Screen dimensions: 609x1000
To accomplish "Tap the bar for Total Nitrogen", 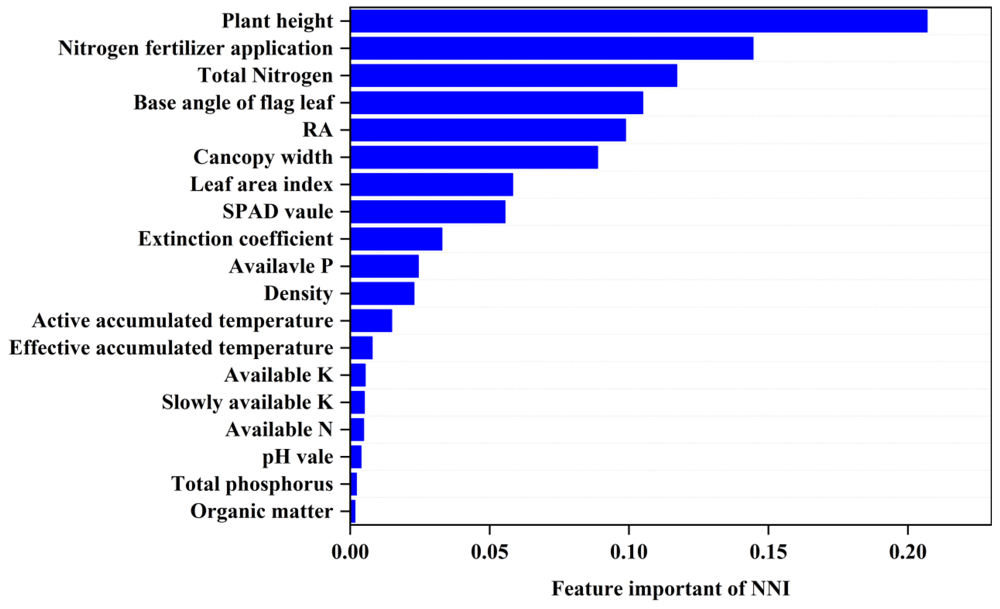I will pyautogui.click(x=513, y=75).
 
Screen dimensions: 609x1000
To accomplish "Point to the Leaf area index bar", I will pyautogui.click(x=431, y=184).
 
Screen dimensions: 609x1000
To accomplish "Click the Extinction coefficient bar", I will pyautogui.click(x=396, y=239).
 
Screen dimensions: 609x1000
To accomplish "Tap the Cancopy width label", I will pyautogui.click(x=263, y=157).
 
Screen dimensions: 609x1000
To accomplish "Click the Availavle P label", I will pyautogui.click(x=281, y=266).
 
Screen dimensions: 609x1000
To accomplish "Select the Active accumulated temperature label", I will pyautogui.click(x=183, y=321).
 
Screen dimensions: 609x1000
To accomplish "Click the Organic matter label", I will pyautogui.click(x=262, y=511).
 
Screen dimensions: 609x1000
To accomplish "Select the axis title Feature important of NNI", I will pyautogui.click(x=671, y=589).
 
